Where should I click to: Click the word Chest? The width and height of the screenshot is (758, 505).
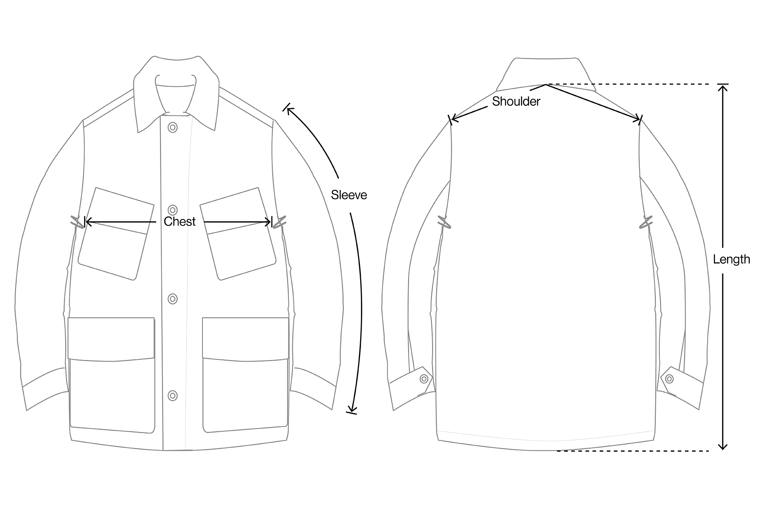179,221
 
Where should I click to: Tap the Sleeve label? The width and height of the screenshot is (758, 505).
349,195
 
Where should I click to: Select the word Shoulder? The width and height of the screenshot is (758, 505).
516,101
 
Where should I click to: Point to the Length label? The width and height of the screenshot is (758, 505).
731,259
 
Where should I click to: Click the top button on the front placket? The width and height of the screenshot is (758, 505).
173,128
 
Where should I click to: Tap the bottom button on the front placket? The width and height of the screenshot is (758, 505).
173,395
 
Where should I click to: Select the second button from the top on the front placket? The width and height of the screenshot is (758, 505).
173,210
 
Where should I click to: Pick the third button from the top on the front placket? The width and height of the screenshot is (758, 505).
173,299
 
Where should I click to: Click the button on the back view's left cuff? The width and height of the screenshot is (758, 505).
424,378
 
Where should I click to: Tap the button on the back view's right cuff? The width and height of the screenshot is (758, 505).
669,378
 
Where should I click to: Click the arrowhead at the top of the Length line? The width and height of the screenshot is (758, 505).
723,87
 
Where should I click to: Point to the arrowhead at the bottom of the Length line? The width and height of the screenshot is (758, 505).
723,446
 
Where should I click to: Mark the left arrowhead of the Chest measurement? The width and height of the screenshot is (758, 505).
88,221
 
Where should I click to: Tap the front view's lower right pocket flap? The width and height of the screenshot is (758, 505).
245,337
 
